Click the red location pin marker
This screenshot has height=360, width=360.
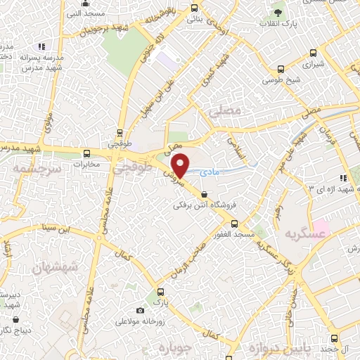[x=181, y=165]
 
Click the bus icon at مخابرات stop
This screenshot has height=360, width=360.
[x=87, y=153]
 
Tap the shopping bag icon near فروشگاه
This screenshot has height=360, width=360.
[x=204, y=194]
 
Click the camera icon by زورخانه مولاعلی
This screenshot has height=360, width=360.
[x=140, y=311]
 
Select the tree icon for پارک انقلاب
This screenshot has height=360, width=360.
[x=279, y=13]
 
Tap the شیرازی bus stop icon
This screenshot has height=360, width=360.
[x=281, y=69]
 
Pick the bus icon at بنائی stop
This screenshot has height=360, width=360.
[x=195, y=8]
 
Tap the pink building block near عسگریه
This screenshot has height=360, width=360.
[x=321, y=229]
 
